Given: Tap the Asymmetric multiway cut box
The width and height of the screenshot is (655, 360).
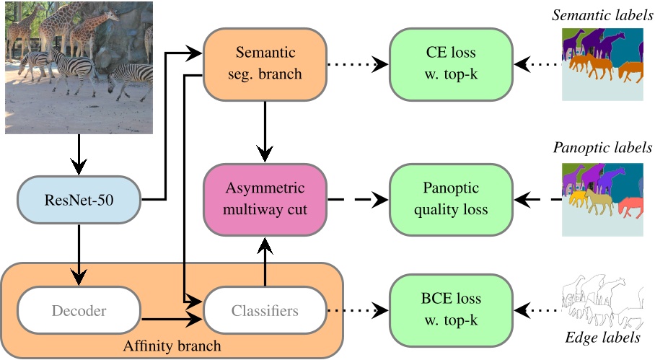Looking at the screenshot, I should click(265, 199).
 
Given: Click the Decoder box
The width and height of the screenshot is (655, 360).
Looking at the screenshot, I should click(79, 311).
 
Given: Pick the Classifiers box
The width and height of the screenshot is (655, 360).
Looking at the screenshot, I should click(265, 311).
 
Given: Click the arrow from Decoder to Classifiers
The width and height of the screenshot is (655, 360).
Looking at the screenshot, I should click(172, 317).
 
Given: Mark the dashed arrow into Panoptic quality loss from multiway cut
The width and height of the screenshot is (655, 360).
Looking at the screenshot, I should click(358, 199).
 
